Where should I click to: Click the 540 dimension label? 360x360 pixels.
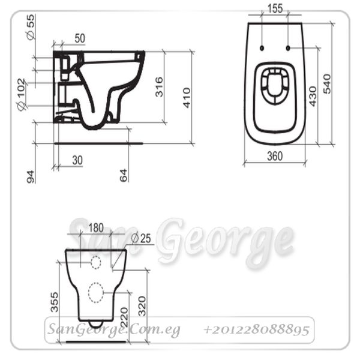point(327,83)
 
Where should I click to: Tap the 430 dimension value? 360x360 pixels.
point(313,96)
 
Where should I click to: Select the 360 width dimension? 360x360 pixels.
point(275,156)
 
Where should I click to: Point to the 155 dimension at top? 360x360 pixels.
point(275,8)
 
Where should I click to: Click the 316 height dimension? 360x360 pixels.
point(159,87)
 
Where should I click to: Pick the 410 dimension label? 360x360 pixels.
point(187,98)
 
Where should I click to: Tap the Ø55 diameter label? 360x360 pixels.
point(31,27)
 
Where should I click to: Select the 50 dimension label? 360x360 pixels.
point(80,38)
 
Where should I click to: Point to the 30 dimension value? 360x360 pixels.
point(77,160)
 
